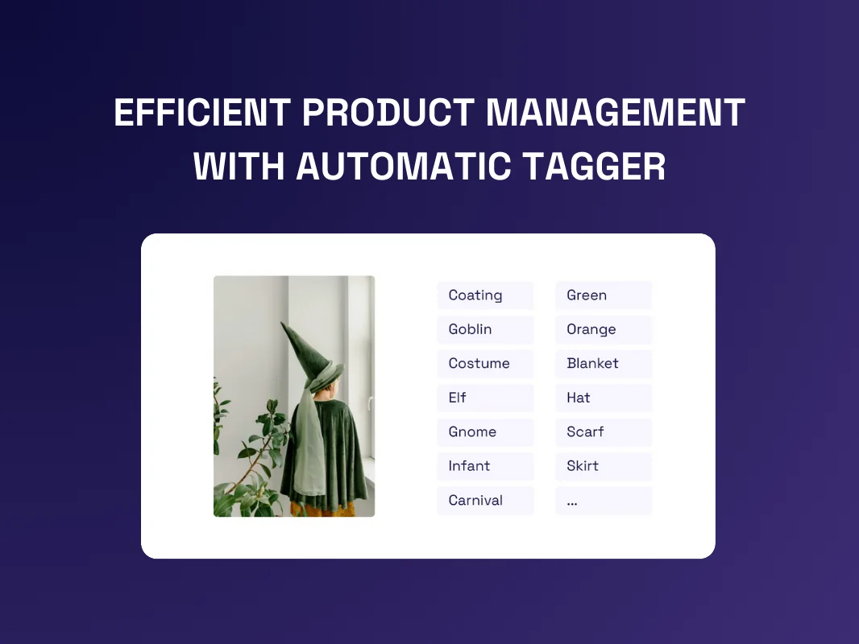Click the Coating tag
485,295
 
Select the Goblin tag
485,329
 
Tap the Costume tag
485,363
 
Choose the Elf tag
485,398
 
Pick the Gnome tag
485,431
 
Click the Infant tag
485,466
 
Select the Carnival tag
485,500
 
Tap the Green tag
604,295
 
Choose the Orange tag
604,329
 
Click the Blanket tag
604,363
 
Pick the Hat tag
604,398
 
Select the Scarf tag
604,431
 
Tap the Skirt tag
604,466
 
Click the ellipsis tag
604,500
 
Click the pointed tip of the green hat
282,323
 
